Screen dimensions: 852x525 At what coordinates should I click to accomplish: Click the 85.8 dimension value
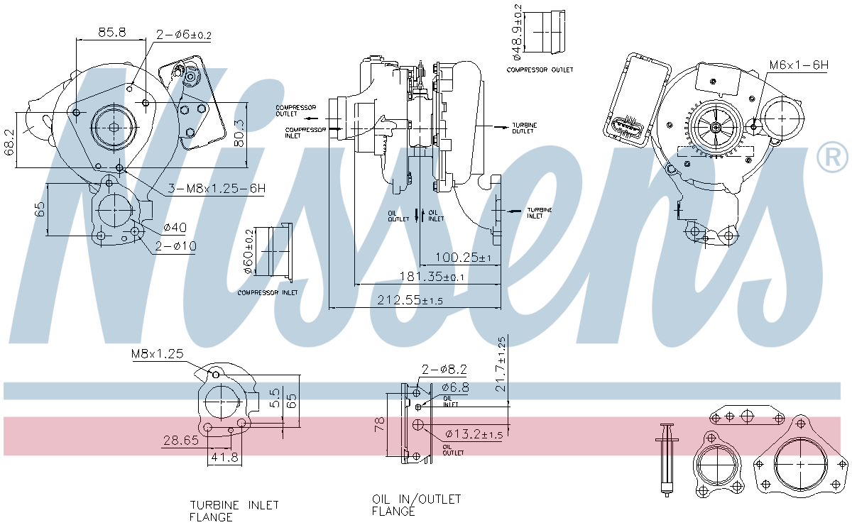(112, 32)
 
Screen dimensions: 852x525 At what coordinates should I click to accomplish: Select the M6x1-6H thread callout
(799, 65)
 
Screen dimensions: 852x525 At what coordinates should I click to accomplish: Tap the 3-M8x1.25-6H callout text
(217, 188)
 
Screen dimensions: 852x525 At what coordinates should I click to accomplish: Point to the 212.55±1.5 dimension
(410, 300)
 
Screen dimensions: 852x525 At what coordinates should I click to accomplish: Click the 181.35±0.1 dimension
(432, 277)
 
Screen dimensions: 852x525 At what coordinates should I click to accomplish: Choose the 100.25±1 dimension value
(463, 258)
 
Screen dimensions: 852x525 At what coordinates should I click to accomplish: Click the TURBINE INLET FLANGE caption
(234, 511)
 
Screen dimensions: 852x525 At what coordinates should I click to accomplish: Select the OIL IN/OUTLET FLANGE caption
(417, 505)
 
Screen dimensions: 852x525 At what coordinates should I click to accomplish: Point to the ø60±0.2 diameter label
(248, 251)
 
